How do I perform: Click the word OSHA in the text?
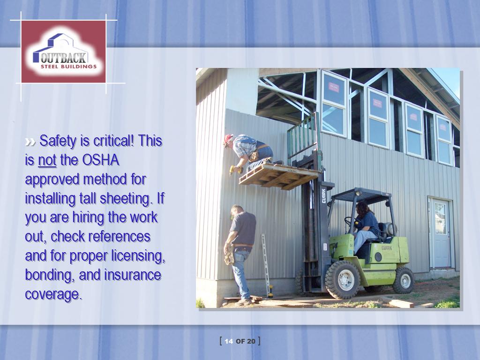pos(101,160)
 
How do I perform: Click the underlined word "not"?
pos(47,160)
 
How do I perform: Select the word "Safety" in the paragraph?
pos(58,141)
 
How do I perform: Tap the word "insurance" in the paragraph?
pos(133,275)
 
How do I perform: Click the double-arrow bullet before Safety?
pos(30,142)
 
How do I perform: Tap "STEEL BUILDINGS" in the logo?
pos(68,67)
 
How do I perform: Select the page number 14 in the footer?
pos(229,341)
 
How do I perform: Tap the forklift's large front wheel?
pos(343,279)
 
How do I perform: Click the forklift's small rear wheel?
pos(404,280)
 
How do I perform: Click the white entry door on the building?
pos(441,233)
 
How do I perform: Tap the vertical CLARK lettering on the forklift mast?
pos(323,196)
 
